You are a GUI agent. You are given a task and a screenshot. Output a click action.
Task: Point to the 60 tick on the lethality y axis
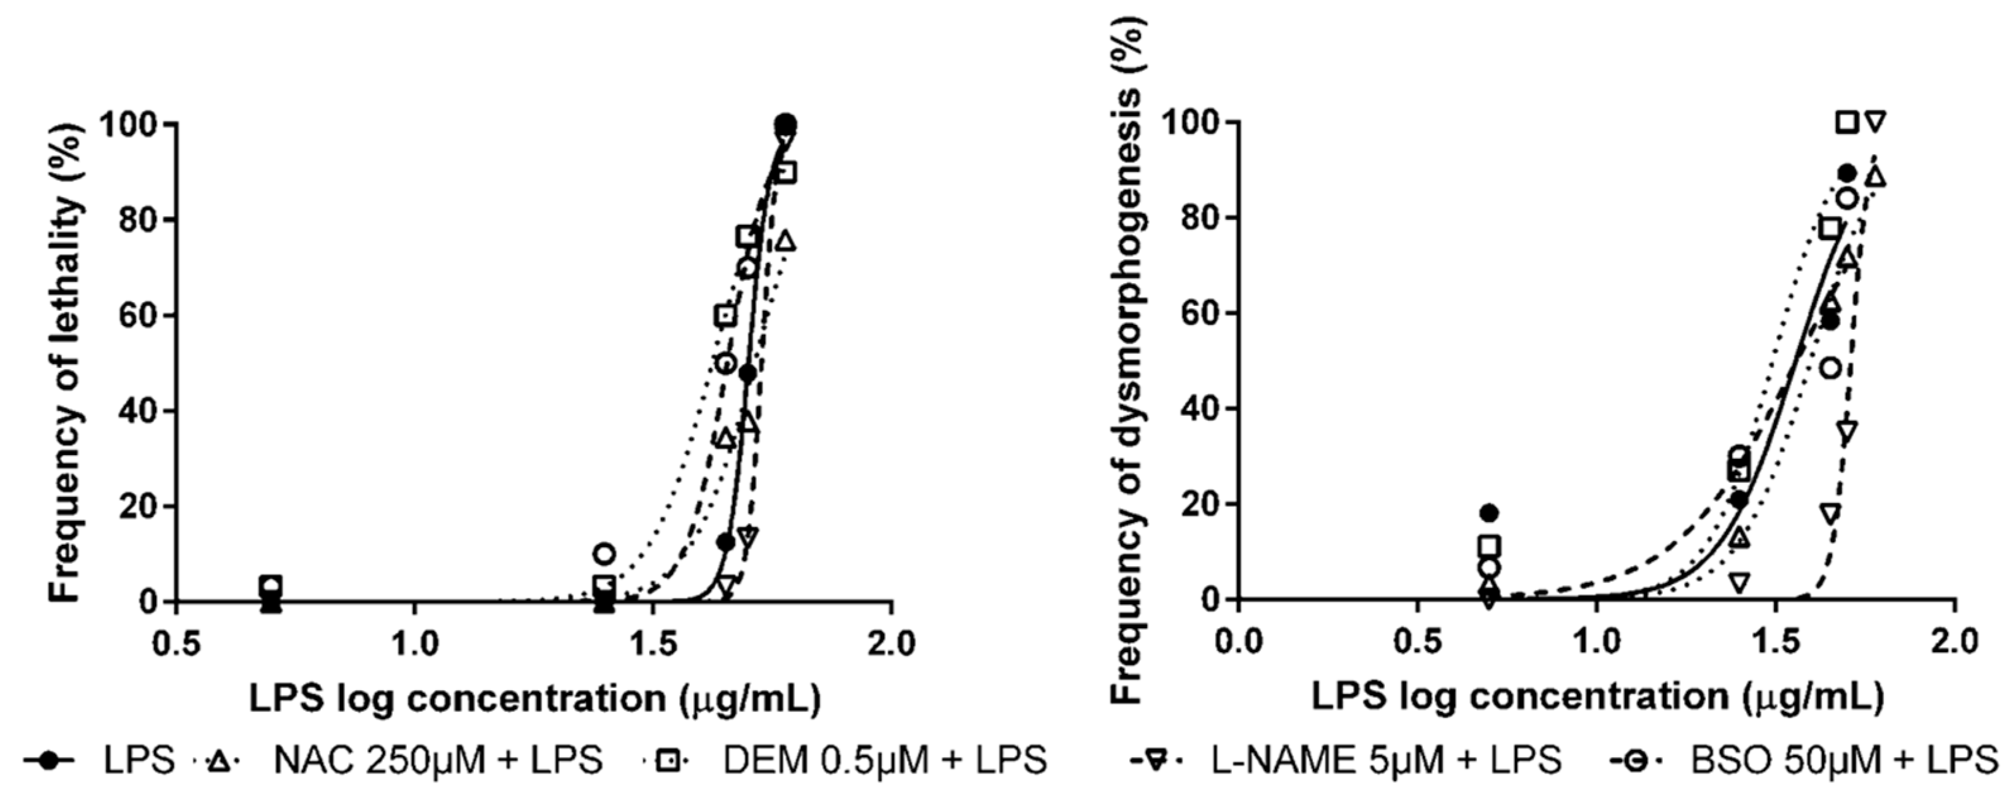[139, 315]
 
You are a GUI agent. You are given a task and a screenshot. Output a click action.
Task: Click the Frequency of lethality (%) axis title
[66, 360]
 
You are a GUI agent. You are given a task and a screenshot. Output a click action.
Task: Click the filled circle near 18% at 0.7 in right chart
[1488, 513]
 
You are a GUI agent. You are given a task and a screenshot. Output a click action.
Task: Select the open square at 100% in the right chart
[1847, 122]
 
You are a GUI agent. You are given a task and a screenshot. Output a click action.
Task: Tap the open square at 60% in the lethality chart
[725, 316]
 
